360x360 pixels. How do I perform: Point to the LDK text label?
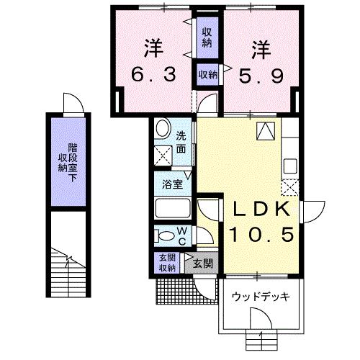coord(260,210)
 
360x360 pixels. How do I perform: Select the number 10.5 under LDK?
coord(260,234)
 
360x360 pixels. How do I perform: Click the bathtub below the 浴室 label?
coord(171,210)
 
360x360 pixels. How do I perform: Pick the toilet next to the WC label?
coord(165,237)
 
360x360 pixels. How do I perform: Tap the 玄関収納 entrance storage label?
coord(166,264)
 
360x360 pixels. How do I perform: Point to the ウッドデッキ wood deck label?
coord(256,296)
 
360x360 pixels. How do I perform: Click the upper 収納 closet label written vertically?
coord(207,37)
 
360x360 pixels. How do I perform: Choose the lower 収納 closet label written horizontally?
coord(207,74)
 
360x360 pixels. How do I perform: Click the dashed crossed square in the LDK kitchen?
coord(291,189)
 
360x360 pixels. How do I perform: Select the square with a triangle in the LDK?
coord(265,130)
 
